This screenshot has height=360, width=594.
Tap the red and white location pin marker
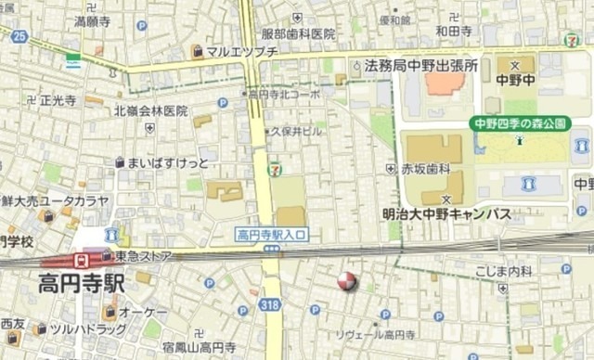(x=347, y=281)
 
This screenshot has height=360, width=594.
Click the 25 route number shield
(x=21, y=36)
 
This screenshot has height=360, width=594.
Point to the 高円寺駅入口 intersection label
(x=272, y=235)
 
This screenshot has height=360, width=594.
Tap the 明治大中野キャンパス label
(x=446, y=214)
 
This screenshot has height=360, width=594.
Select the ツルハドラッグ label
(x=87, y=329)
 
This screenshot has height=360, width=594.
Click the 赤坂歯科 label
(x=425, y=169)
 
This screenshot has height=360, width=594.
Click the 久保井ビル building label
(x=296, y=132)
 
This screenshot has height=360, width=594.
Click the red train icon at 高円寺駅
(x=82, y=260)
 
